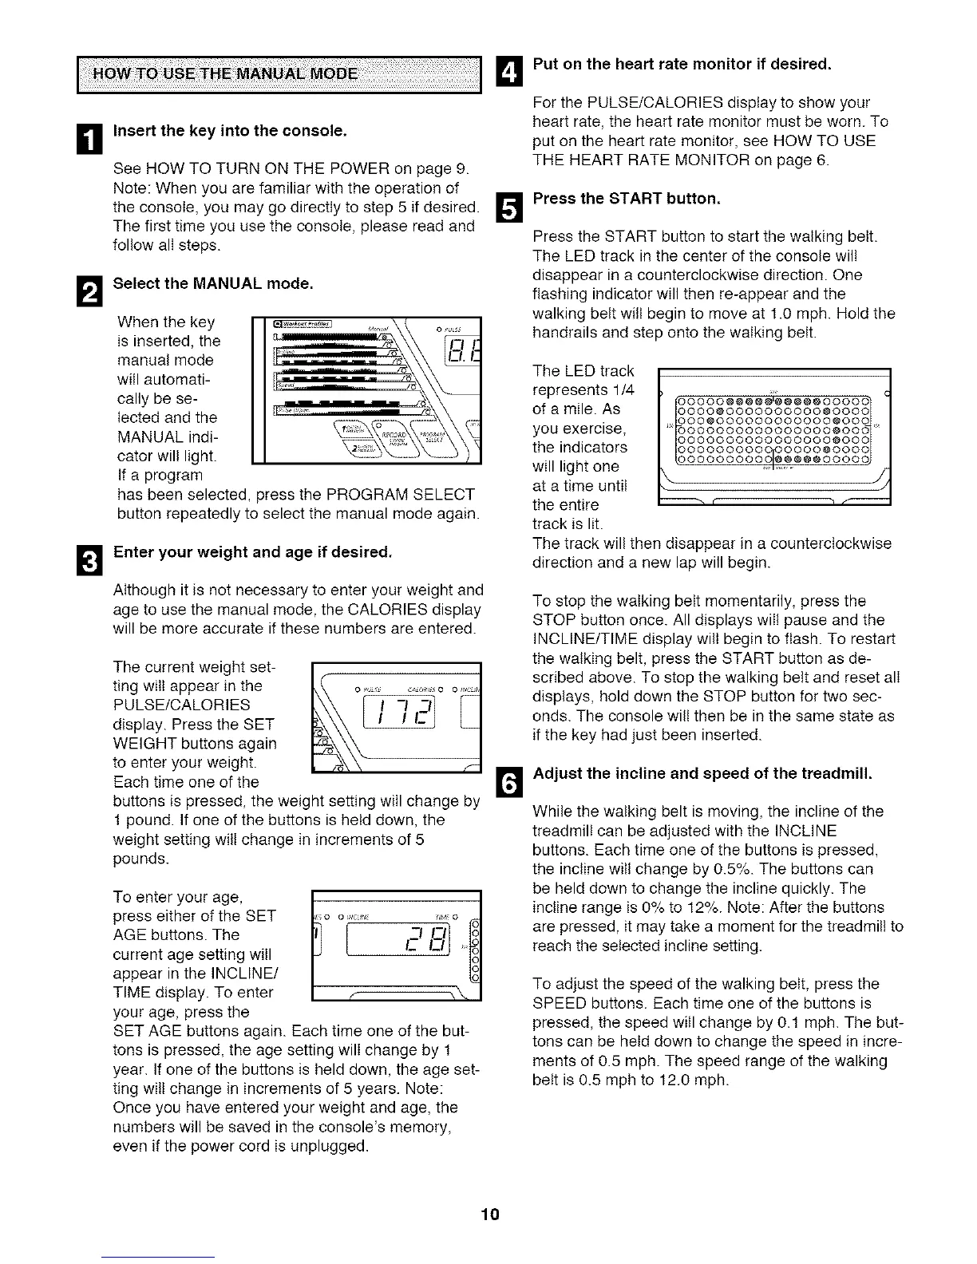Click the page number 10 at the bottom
tap(489, 1215)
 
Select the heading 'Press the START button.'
tap(627, 199)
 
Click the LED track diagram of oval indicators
tap(772, 429)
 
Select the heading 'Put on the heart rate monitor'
tap(682, 63)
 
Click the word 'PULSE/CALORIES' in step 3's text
tap(182, 705)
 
